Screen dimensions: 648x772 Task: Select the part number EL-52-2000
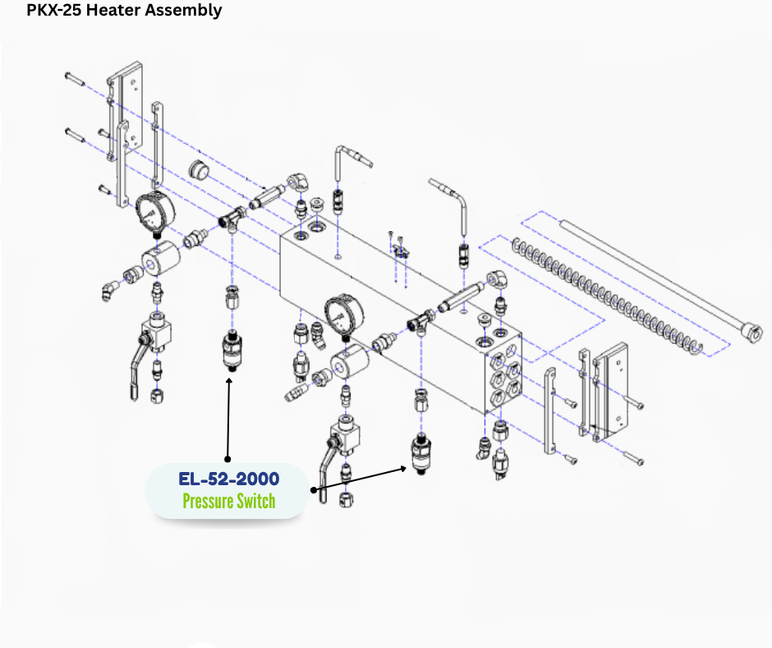click(228, 479)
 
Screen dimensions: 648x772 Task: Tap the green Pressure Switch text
click(228, 501)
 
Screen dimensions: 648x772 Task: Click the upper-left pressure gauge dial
click(151, 211)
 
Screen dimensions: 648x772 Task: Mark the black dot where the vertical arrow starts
click(228, 459)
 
